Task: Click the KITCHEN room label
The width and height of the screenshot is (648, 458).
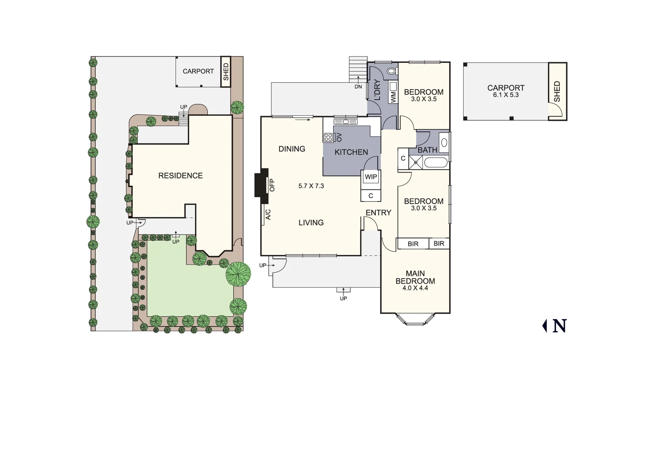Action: (x=351, y=152)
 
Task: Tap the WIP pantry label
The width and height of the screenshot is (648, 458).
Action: (x=371, y=177)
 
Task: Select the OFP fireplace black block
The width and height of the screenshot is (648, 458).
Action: (x=261, y=183)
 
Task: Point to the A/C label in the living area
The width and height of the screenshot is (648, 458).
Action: (x=268, y=215)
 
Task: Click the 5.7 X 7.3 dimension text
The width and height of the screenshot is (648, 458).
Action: (x=311, y=186)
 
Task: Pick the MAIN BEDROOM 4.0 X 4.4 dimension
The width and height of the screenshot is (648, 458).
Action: (x=415, y=288)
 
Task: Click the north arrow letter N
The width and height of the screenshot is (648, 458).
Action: (x=559, y=326)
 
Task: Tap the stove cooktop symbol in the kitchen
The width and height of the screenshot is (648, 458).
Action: (x=328, y=137)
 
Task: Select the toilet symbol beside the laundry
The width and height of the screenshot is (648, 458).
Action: (x=392, y=71)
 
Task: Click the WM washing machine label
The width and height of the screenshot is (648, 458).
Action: (x=393, y=97)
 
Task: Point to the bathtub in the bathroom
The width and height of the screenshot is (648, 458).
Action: (x=436, y=163)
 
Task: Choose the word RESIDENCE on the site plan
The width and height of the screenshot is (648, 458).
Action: (x=180, y=176)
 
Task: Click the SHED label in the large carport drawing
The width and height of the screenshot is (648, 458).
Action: (x=557, y=91)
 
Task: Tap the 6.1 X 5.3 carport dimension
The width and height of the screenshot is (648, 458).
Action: (x=506, y=95)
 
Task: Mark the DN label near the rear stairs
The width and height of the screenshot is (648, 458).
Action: (x=358, y=87)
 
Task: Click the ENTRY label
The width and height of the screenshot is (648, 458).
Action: (x=378, y=213)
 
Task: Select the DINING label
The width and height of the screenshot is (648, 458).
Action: (x=292, y=149)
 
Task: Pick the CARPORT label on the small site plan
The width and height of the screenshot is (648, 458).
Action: (x=198, y=71)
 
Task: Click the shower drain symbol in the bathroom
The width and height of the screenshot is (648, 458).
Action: (x=416, y=162)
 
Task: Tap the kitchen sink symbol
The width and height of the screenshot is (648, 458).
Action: (x=346, y=122)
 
